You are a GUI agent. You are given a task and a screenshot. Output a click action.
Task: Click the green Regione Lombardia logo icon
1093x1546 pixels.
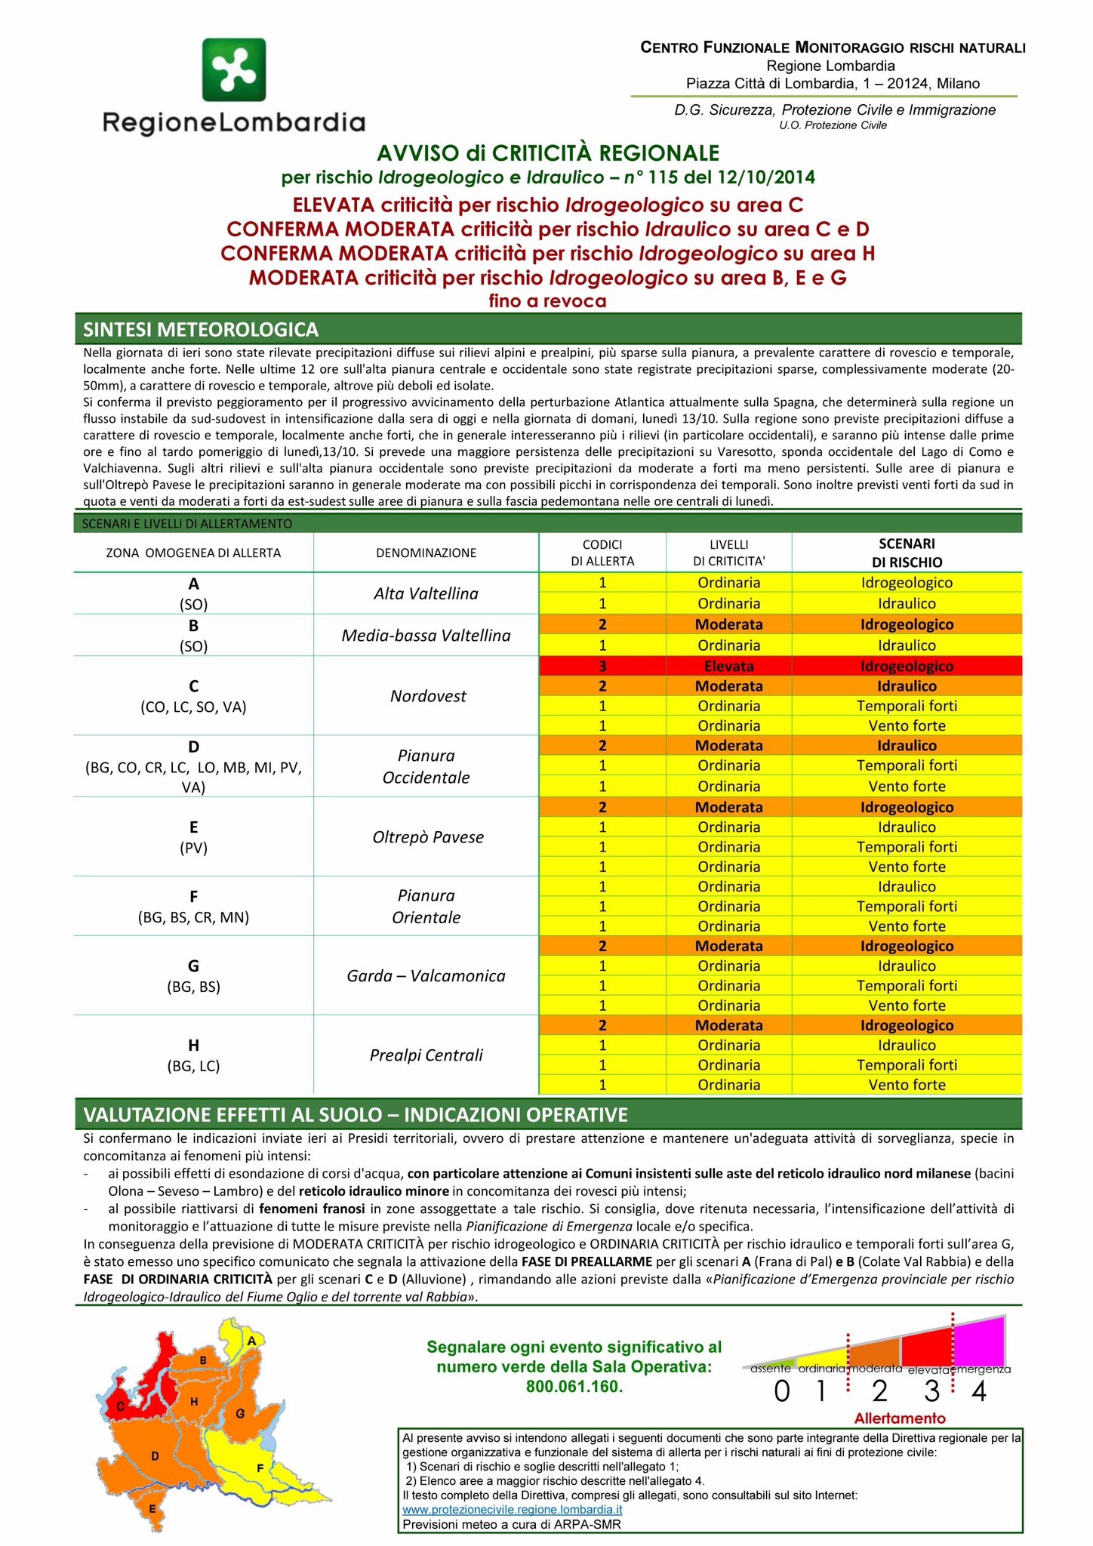pos(233,69)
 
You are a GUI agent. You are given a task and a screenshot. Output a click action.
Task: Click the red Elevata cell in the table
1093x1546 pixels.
pos(728,667)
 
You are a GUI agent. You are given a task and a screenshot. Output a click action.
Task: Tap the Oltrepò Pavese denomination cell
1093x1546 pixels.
pos(427,837)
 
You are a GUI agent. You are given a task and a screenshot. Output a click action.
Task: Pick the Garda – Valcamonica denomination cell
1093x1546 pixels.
pos(426,976)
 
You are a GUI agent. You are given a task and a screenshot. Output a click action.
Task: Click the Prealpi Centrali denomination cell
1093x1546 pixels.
pos(426,1055)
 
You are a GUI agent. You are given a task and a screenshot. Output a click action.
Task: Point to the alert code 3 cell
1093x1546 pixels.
pos(602,667)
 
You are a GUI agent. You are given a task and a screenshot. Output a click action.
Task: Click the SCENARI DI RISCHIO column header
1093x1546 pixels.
pos(907,553)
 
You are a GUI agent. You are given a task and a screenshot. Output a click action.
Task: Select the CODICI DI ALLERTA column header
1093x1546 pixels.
pos(602,553)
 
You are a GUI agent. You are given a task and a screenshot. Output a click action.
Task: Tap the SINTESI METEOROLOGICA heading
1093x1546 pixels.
pos(201,330)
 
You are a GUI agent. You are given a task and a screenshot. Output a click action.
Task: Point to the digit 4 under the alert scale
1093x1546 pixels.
pos(979,1391)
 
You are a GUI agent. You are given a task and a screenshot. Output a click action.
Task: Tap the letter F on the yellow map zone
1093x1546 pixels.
pos(260,1468)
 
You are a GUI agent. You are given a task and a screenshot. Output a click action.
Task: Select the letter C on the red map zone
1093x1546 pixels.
pos(120,1406)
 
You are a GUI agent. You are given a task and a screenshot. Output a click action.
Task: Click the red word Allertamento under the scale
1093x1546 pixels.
pos(900,1418)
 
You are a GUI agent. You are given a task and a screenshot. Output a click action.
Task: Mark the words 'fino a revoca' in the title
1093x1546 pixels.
pos(547,301)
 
